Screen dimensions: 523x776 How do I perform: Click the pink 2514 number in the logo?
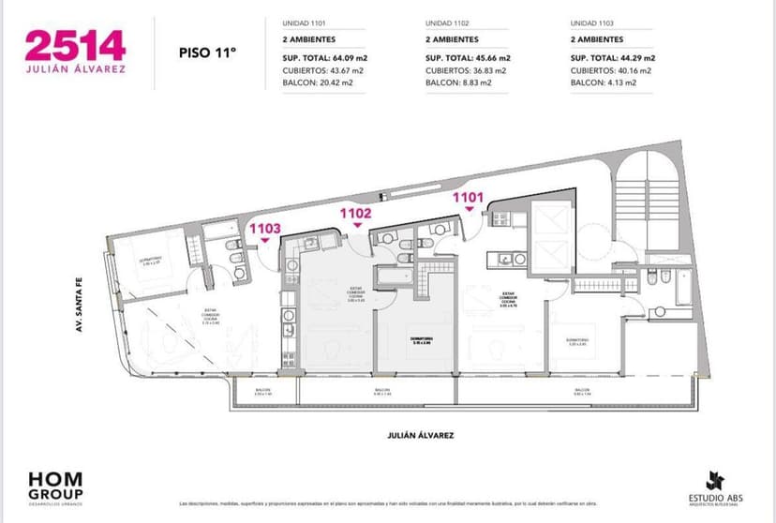[x=75, y=46]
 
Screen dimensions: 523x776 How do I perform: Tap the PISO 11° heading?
[x=207, y=53]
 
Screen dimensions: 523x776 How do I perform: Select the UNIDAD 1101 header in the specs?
[x=304, y=22]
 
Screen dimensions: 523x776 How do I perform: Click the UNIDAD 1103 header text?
[x=592, y=22]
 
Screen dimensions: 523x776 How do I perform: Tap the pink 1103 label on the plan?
[x=264, y=228]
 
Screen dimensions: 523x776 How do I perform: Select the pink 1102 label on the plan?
[x=356, y=213]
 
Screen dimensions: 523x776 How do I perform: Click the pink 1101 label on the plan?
[x=469, y=197]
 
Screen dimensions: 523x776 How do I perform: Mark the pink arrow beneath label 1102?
[x=356, y=226]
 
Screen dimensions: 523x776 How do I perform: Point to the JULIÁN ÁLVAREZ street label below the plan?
[x=421, y=436]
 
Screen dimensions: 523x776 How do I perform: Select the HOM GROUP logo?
[x=55, y=485]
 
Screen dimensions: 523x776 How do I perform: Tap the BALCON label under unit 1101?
[x=582, y=390]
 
